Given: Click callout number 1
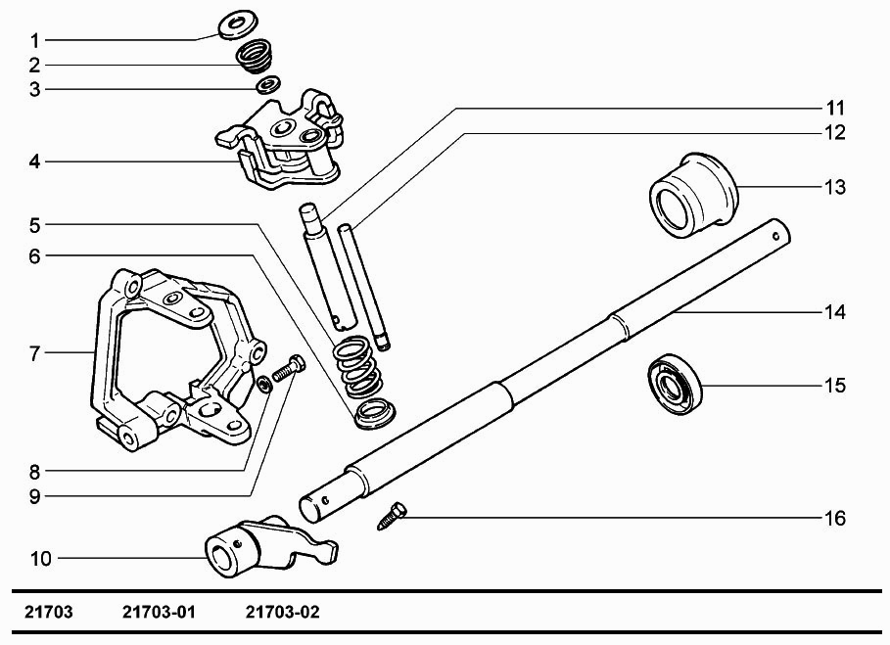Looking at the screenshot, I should tap(34, 41).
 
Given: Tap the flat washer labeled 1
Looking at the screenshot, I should tap(236, 23).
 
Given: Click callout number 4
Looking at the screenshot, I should tap(34, 161).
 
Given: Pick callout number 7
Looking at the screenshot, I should tap(34, 352).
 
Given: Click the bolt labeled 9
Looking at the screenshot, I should tap(287, 370).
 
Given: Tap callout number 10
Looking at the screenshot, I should tap(40, 559).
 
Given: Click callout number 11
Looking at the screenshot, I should tap(835, 107).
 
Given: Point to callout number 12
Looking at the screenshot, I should tap(835, 132).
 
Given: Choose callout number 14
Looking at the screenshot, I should tap(835, 313).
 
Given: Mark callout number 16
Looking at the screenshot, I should tap(834, 518).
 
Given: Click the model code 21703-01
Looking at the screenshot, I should tap(160, 614).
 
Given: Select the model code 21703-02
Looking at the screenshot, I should tap(282, 614).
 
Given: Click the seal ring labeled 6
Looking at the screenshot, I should tap(371, 413).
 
